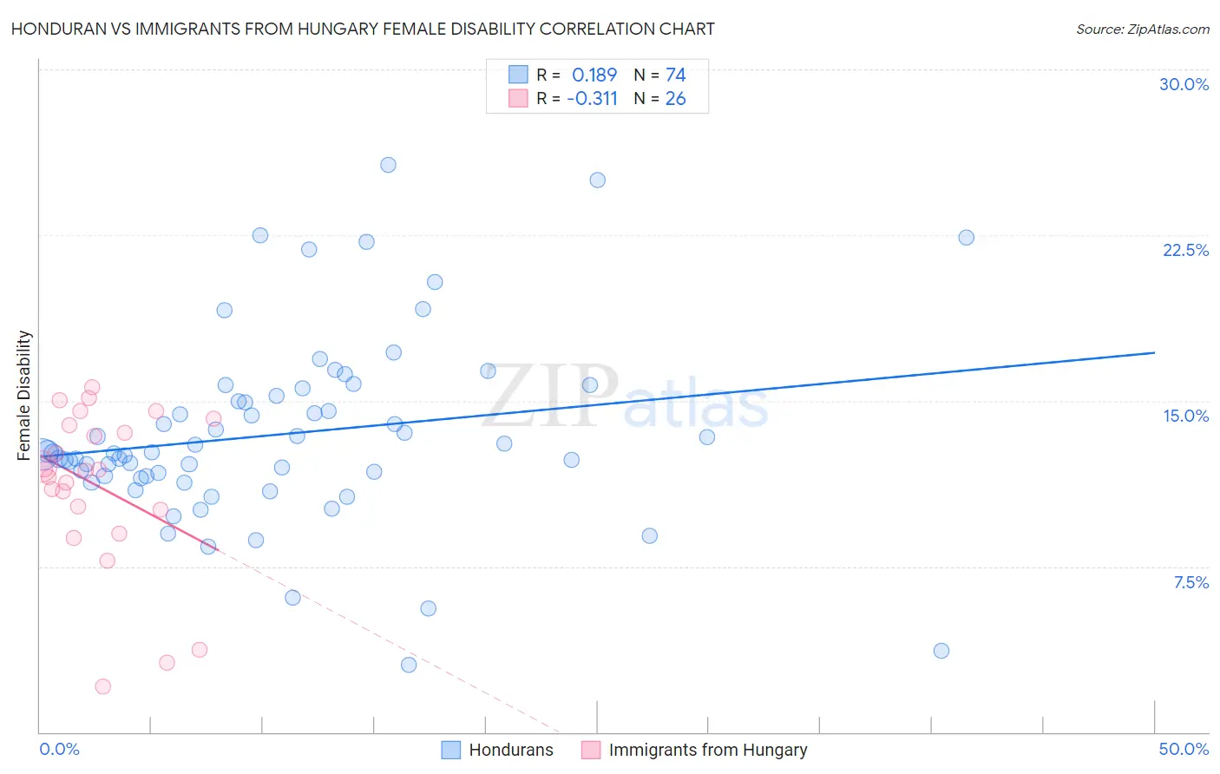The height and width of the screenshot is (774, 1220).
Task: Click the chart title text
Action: (x=363, y=29)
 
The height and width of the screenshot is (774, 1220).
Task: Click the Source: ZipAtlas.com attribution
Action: (x=1142, y=30)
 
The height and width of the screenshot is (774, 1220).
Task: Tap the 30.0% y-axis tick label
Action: (x=1184, y=84)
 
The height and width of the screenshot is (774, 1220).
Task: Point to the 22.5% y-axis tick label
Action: (x=1185, y=250)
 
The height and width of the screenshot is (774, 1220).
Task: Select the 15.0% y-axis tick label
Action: (x=1185, y=416)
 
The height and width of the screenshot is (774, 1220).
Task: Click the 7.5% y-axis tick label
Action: (x=1190, y=582)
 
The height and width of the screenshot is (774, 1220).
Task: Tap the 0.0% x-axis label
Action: (x=59, y=749)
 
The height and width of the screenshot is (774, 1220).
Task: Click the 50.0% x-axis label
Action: (x=1184, y=749)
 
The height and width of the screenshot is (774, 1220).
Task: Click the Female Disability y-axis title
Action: (x=24, y=395)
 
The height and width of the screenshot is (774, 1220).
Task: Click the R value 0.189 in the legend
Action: (x=594, y=75)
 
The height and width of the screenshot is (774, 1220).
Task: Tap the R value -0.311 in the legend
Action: (x=592, y=99)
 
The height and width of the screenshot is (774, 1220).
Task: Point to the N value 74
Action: (x=675, y=75)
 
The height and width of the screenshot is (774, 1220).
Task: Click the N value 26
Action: (x=675, y=99)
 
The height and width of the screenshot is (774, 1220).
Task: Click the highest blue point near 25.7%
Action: (x=388, y=165)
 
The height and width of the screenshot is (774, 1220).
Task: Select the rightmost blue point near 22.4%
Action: (x=966, y=238)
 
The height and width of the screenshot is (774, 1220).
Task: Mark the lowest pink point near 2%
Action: (x=102, y=686)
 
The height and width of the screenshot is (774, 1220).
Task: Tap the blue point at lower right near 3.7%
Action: (x=941, y=651)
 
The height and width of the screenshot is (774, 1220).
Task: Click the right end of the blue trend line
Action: (x=1154, y=352)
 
